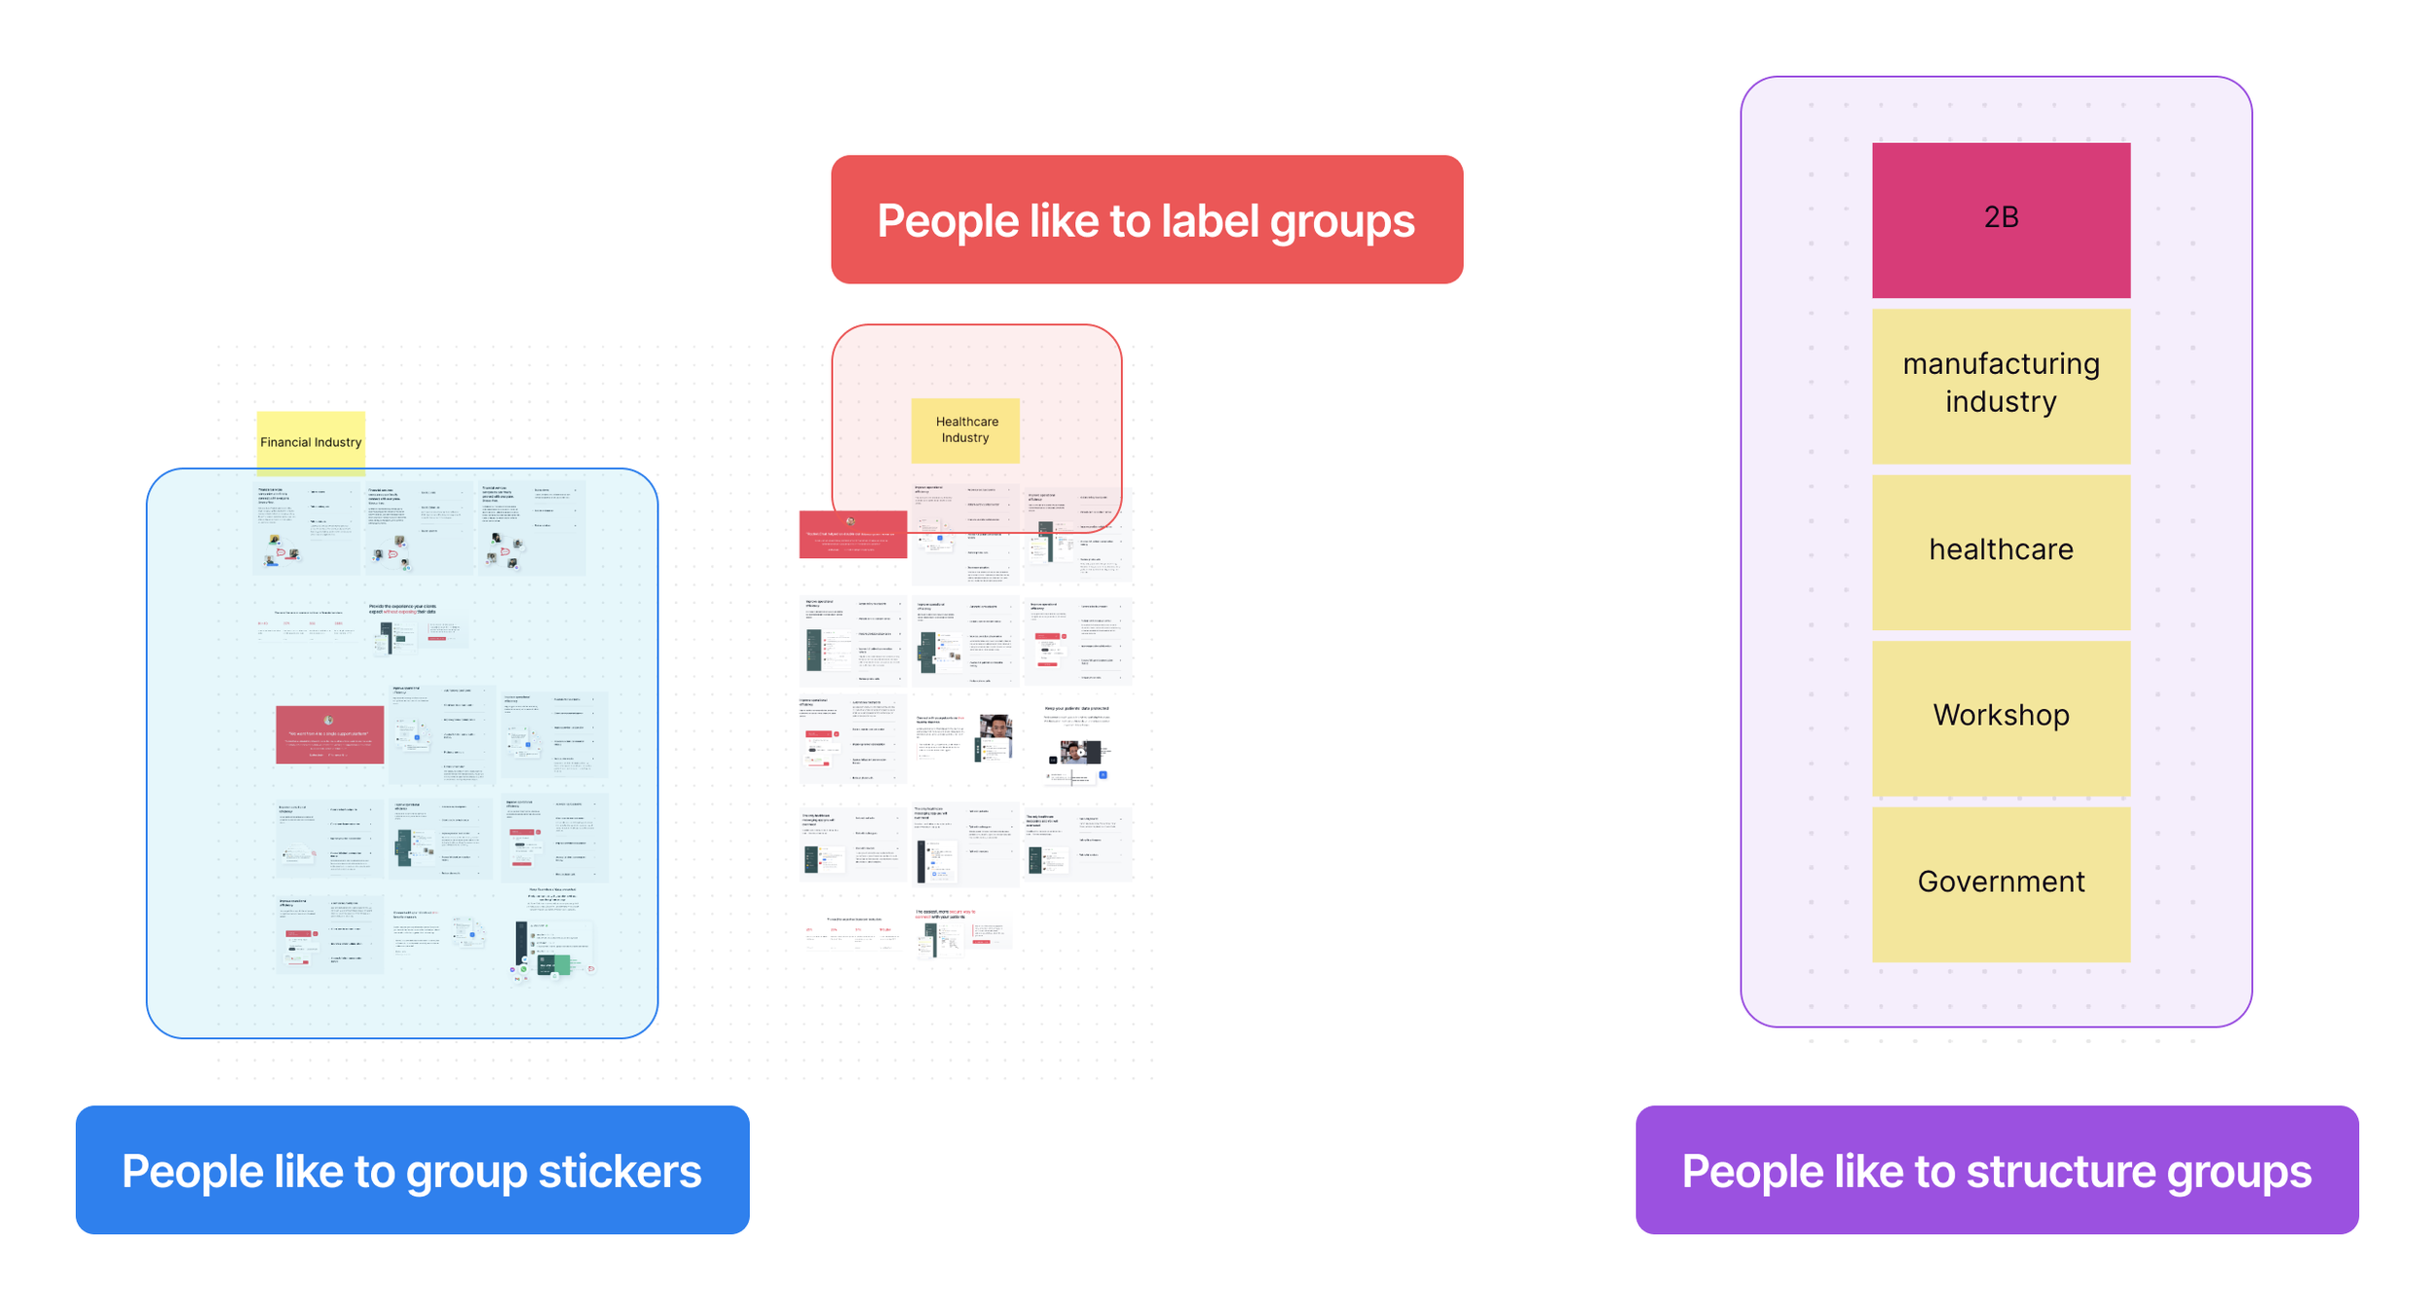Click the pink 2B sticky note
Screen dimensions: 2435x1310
[2001, 220]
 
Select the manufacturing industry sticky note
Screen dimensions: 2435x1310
[2001, 386]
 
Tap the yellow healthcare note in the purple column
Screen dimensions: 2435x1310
[2001, 551]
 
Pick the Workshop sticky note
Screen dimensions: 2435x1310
[2001, 717]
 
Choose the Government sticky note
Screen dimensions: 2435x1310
[2001, 882]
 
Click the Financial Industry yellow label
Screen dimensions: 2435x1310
[311, 442]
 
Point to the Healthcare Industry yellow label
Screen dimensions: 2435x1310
[965, 430]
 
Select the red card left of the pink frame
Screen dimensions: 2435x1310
[852, 535]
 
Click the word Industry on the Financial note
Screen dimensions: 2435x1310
[337, 442]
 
